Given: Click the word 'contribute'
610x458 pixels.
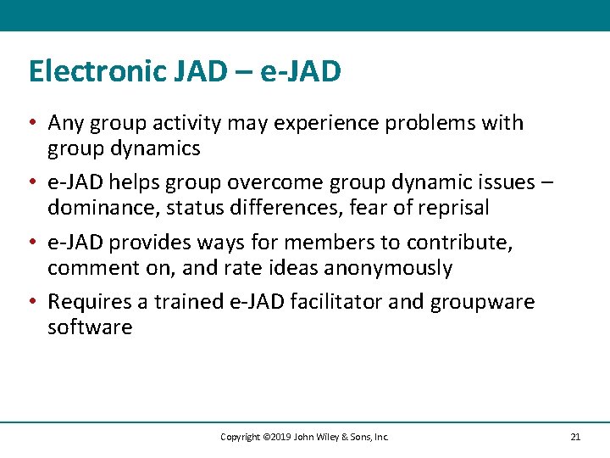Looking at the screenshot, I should tap(458, 243).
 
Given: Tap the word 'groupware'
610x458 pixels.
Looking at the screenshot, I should tap(483, 302).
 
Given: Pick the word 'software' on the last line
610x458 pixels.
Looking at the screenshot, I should tap(90, 327).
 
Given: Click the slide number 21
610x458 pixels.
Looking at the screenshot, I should tap(575, 437).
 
